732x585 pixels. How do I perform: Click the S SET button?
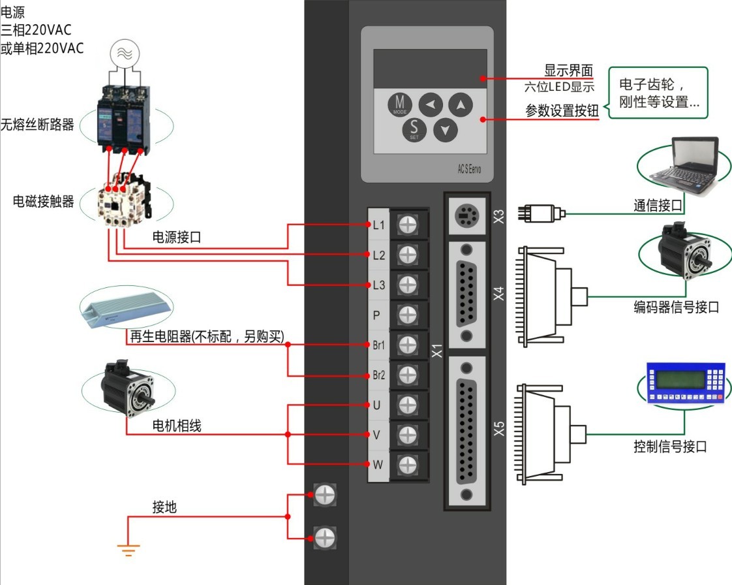(414, 129)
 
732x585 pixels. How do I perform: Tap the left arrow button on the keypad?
(430, 104)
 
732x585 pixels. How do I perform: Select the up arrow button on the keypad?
(461, 104)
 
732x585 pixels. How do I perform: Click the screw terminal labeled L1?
(408, 225)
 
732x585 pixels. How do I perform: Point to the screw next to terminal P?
(408, 315)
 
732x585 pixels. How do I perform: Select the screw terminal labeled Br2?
(408, 375)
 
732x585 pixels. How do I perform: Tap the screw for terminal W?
(408, 465)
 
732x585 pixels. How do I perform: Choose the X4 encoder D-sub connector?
(466, 293)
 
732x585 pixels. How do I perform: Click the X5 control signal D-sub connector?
(466, 430)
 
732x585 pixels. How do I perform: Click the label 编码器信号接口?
(676, 307)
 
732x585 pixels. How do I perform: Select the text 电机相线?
(177, 426)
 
